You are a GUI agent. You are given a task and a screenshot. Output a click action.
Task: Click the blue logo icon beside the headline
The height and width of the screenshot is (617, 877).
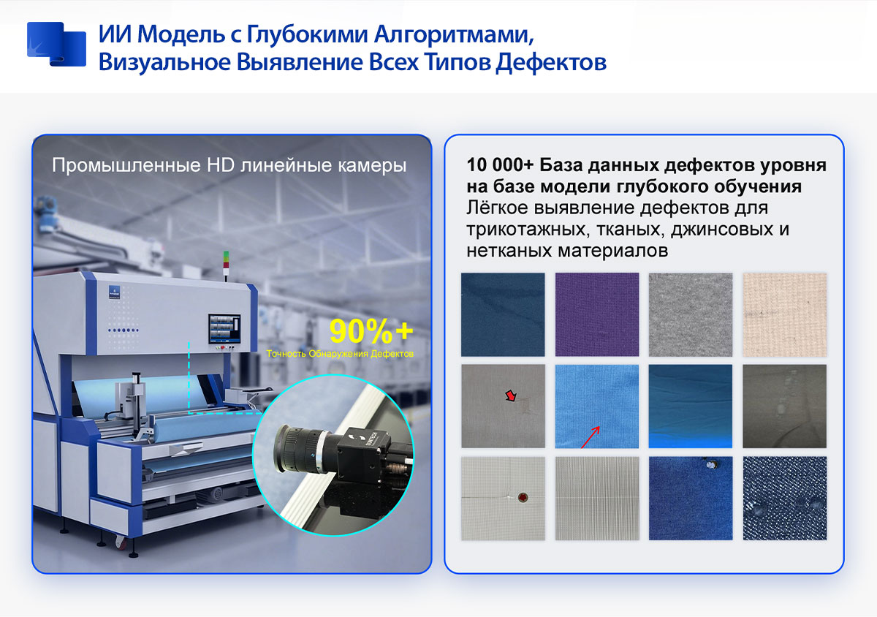click(56, 45)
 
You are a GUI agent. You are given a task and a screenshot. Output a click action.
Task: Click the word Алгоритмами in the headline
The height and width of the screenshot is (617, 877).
click(454, 35)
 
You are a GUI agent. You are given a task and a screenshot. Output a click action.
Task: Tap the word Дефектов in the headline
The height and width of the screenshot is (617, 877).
click(551, 63)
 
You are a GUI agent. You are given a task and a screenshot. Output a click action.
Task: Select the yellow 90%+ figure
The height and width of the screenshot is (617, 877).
click(371, 331)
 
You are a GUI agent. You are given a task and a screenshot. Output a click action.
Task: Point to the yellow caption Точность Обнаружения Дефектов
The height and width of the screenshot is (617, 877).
click(340, 354)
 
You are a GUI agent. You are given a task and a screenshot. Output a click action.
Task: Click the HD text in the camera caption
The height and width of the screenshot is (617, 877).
click(221, 165)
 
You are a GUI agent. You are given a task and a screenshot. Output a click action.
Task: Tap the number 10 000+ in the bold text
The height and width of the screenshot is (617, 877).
click(500, 165)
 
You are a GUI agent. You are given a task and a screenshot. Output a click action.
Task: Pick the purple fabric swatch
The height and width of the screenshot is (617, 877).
click(597, 314)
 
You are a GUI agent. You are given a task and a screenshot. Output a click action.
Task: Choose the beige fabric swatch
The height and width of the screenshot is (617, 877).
click(785, 314)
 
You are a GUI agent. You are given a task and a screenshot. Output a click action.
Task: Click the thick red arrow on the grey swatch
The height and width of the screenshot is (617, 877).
click(511, 395)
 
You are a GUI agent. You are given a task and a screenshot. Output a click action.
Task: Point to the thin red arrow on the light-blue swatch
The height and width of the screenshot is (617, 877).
click(591, 437)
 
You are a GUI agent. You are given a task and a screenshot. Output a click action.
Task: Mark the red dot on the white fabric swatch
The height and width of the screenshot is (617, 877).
click(523, 498)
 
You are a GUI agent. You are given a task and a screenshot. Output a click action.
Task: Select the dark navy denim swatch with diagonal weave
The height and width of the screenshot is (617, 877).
click(785, 499)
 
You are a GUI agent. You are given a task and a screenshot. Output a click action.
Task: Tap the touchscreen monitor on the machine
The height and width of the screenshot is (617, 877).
click(224, 329)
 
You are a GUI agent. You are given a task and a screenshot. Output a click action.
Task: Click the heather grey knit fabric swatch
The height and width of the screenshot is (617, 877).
click(691, 314)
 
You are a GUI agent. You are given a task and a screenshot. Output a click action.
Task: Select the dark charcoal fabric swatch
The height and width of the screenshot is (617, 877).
click(785, 406)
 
